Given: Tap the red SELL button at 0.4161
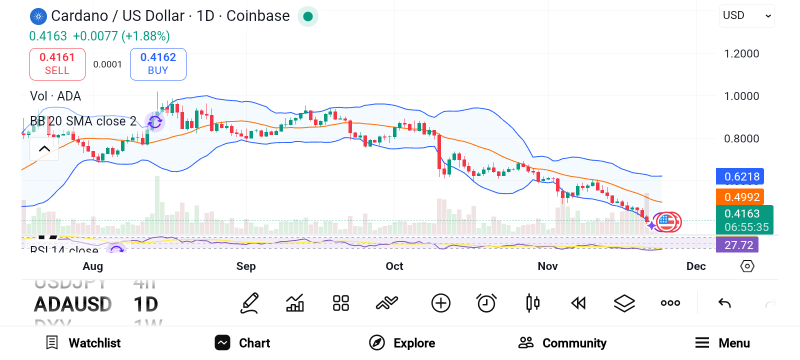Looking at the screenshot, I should pos(57,64).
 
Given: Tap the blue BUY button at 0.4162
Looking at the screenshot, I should pos(158,64).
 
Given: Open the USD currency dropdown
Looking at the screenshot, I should pos(747,16).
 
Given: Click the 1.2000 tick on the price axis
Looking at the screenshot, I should pos(741,54).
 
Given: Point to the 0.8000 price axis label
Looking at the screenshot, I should pos(741,139).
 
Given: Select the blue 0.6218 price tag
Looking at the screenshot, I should pos(740,176).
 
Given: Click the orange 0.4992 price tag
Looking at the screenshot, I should pos(740,197).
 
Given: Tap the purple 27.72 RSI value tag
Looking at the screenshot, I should pos(737,245).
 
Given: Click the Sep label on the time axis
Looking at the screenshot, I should pos(246,266).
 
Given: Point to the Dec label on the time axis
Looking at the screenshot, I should pos(696,266).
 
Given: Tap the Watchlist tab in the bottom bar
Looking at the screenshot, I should pos(83,343).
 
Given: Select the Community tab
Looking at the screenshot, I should pos(562,343).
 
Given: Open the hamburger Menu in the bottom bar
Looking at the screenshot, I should pos(722,343).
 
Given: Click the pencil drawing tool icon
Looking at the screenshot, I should pos(249,303).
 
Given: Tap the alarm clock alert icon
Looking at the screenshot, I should pos(486,303).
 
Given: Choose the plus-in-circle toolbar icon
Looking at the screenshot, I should pos(440,303).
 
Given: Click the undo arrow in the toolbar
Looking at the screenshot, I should pos(724,303).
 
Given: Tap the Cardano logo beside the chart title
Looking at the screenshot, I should pos(38,16).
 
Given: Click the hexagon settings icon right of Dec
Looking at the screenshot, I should pos(747,266).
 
